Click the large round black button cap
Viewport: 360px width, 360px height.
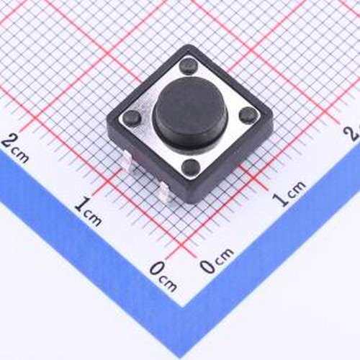click(x=190, y=113)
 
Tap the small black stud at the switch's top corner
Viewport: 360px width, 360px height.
click(x=189, y=66)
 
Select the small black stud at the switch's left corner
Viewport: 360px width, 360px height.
click(x=131, y=117)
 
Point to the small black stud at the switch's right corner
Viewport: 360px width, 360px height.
click(x=248, y=114)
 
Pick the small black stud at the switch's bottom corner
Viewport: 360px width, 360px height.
click(x=191, y=166)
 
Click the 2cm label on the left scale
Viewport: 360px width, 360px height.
click(x=15, y=148)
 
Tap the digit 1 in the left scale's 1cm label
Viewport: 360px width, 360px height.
click(x=81, y=204)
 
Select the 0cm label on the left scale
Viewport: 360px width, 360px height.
click(x=163, y=276)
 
